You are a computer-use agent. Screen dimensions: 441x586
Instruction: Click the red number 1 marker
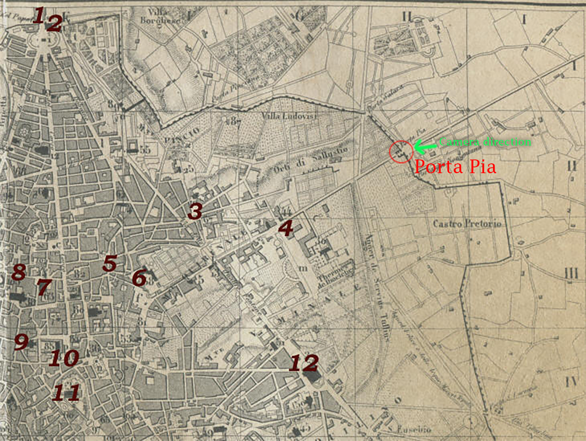click(39, 15)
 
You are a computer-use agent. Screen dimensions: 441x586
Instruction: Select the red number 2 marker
click(54, 23)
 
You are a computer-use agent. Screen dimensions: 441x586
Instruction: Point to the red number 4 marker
click(285, 228)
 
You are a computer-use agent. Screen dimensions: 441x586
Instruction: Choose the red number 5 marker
click(110, 263)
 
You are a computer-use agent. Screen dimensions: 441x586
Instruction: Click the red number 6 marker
click(139, 278)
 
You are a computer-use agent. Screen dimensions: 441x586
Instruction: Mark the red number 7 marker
click(44, 287)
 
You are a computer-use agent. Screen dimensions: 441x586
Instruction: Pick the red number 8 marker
click(18, 272)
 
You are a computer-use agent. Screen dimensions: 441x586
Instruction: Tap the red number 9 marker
click(21, 342)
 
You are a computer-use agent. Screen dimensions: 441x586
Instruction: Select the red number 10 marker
click(63, 359)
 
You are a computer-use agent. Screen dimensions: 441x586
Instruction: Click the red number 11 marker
click(66, 392)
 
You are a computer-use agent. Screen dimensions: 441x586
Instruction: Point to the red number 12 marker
click(304, 362)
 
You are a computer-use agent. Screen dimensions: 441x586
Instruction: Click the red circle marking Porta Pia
click(400, 151)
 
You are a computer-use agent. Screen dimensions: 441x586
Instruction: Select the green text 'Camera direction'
click(485, 142)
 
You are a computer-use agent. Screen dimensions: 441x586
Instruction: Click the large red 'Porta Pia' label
click(455, 166)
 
